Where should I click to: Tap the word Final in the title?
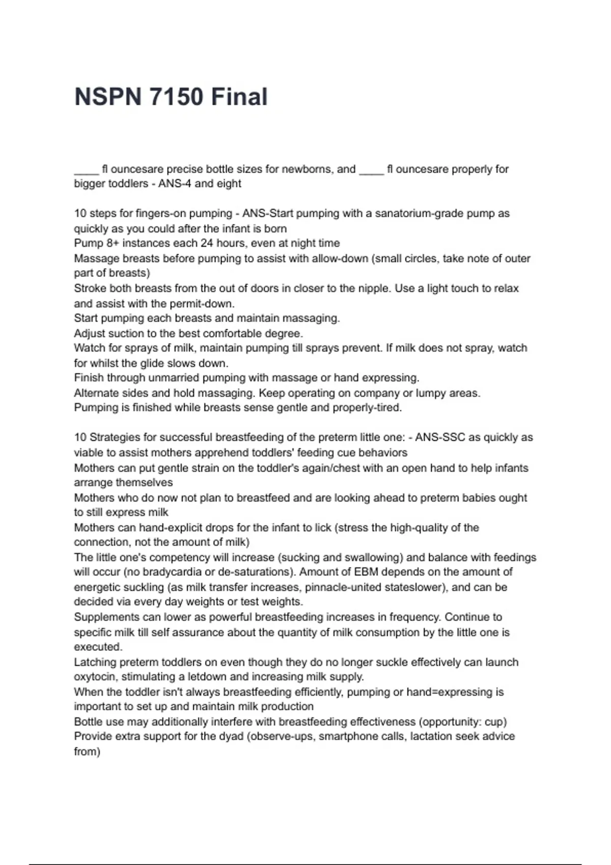(x=239, y=97)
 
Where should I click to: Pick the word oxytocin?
(x=95, y=677)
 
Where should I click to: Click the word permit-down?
(x=203, y=304)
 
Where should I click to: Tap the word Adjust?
(x=90, y=333)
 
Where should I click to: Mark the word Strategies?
(x=117, y=438)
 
